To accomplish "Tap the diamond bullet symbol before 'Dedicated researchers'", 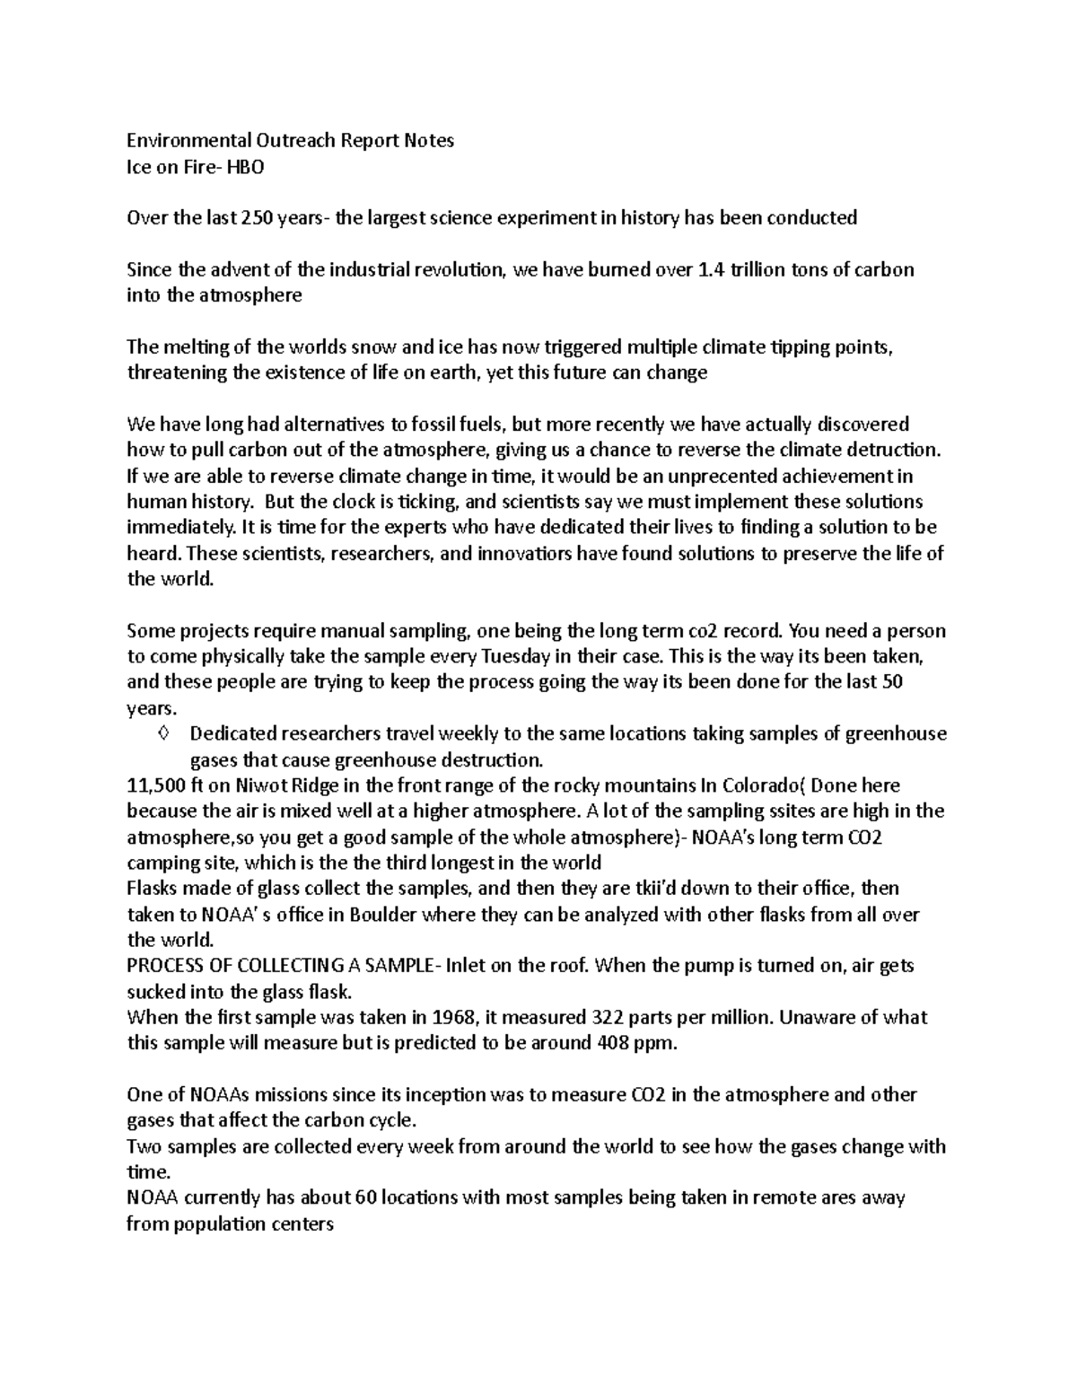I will (162, 733).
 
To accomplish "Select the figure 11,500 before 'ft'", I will (157, 785).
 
